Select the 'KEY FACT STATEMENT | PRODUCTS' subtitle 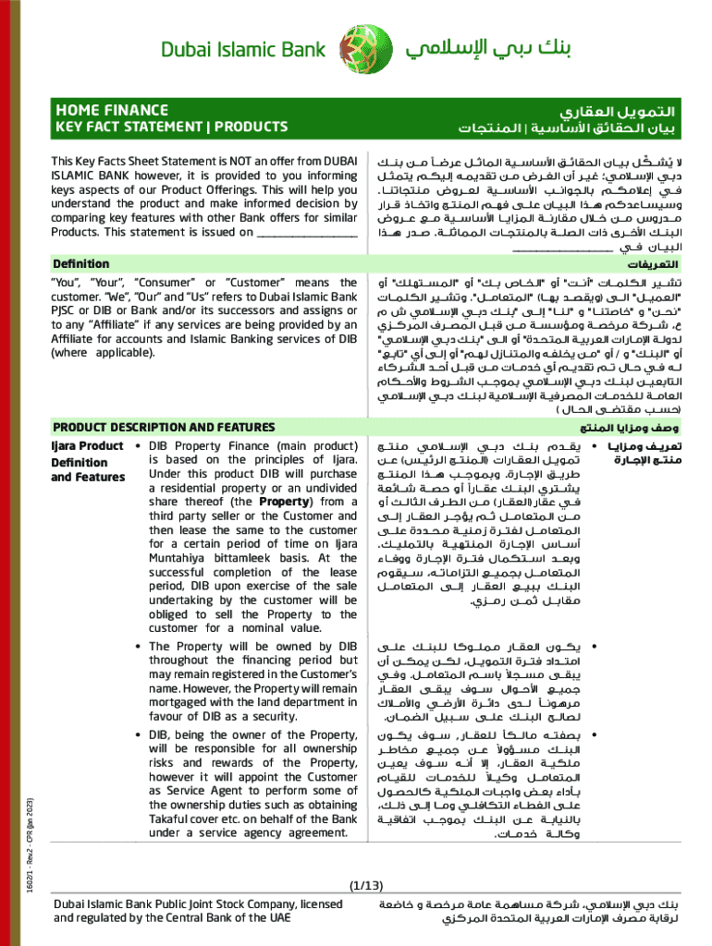(x=170, y=127)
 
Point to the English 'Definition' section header (x=80, y=264)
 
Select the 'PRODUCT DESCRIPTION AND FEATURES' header (x=164, y=427)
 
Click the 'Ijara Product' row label (x=86, y=447)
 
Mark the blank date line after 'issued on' (x=306, y=232)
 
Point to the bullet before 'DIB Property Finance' (x=138, y=447)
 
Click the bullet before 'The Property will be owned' (x=138, y=647)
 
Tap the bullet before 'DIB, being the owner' (x=138, y=735)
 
